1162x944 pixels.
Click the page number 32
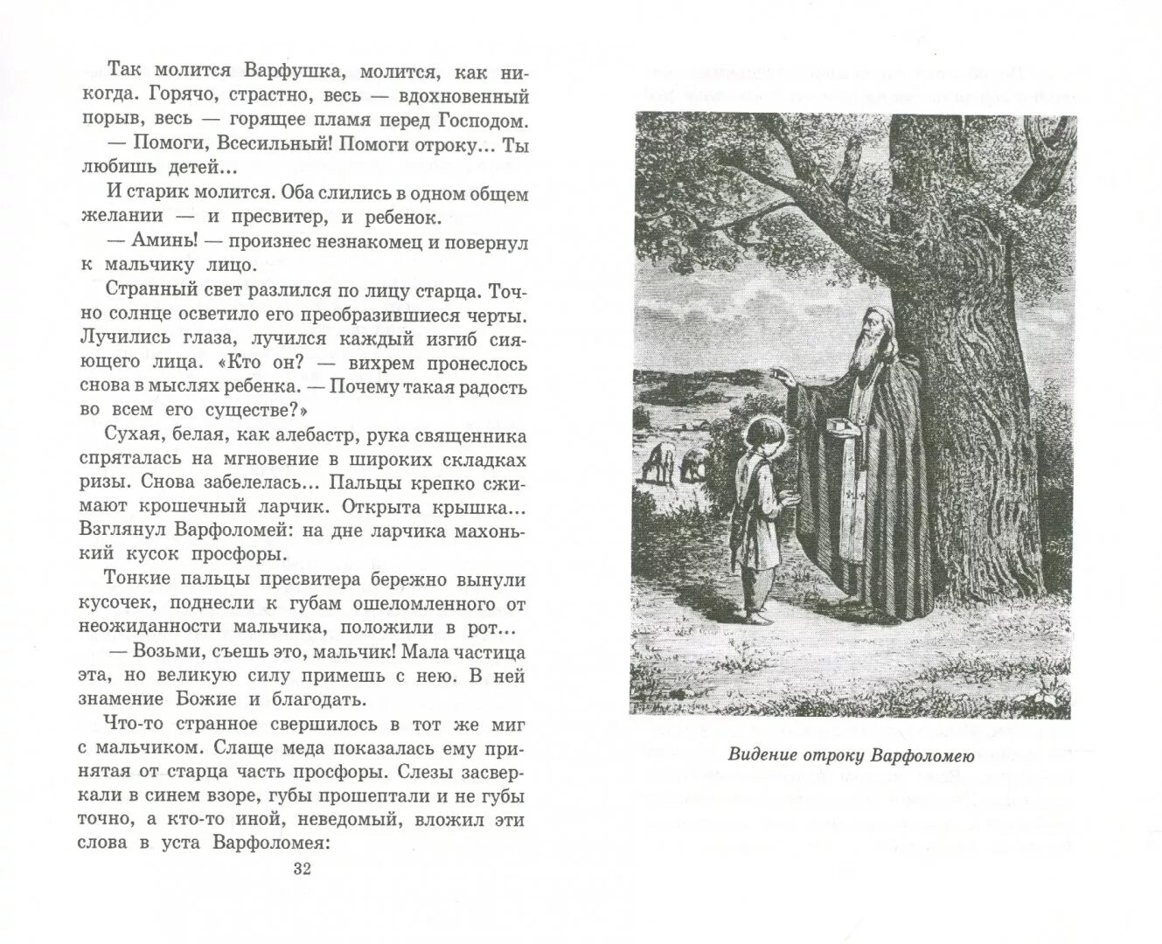pyautogui.click(x=303, y=868)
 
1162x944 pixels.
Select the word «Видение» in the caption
pyautogui.click(x=763, y=756)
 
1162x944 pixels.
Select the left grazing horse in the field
pyautogui.click(x=660, y=459)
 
